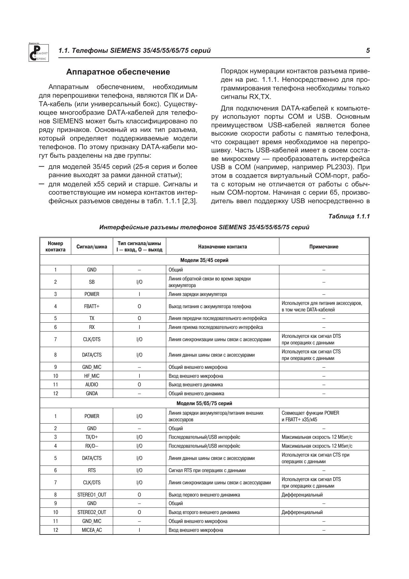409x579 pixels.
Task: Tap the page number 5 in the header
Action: tap(368, 50)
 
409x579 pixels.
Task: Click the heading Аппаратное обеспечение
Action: tap(118, 72)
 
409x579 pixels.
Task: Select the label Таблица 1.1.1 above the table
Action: tap(349, 216)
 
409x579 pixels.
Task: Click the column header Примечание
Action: tap(324, 246)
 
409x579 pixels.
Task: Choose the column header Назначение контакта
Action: tap(222, 246)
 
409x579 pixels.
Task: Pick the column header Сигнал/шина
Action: tap(92, 246)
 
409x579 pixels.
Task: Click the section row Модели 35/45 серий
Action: tap(204, 260)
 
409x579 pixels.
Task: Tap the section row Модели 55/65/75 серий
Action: tap(204, 403)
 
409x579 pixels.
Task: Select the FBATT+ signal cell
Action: tap(92, 306)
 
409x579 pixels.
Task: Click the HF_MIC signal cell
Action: tap(92, 376)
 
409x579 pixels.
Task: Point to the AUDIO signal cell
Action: tap(92, 385)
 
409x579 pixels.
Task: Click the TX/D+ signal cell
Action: tap(92, 437)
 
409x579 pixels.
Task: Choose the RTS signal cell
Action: tap(92, 470)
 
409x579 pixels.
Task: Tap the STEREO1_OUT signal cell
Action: tap(92, 495)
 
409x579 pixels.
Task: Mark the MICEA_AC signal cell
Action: tap(92, 530)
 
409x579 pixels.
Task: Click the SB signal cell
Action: tap(92, 282)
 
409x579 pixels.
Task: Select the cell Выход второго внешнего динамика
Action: tap(204, 512)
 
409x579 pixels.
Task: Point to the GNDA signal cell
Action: tap(92, 394)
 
